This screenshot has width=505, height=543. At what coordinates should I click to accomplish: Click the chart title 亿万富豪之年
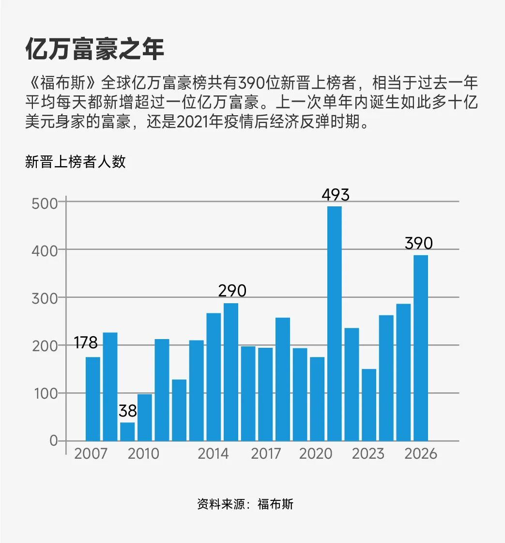94,50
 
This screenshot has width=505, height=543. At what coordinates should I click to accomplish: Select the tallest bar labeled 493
334,323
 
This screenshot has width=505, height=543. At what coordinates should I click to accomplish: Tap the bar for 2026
420,348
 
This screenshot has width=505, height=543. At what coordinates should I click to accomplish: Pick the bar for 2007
93,399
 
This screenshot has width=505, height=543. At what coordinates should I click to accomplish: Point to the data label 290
232,291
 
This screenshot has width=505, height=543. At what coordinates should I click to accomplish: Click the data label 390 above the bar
418,243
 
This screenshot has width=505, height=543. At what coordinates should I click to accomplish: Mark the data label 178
86,343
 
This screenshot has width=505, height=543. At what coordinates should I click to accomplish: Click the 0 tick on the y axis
53,441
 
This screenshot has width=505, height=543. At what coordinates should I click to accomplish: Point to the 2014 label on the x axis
213,454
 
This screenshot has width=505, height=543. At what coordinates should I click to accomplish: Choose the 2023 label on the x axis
368,454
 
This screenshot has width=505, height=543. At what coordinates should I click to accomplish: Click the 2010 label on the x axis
143,454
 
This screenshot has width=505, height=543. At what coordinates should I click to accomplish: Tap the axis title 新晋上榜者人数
76,162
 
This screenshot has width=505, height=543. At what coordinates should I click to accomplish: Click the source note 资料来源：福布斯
245,504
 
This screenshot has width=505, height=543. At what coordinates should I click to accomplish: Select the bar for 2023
369,404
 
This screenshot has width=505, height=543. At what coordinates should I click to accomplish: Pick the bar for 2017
265,394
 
